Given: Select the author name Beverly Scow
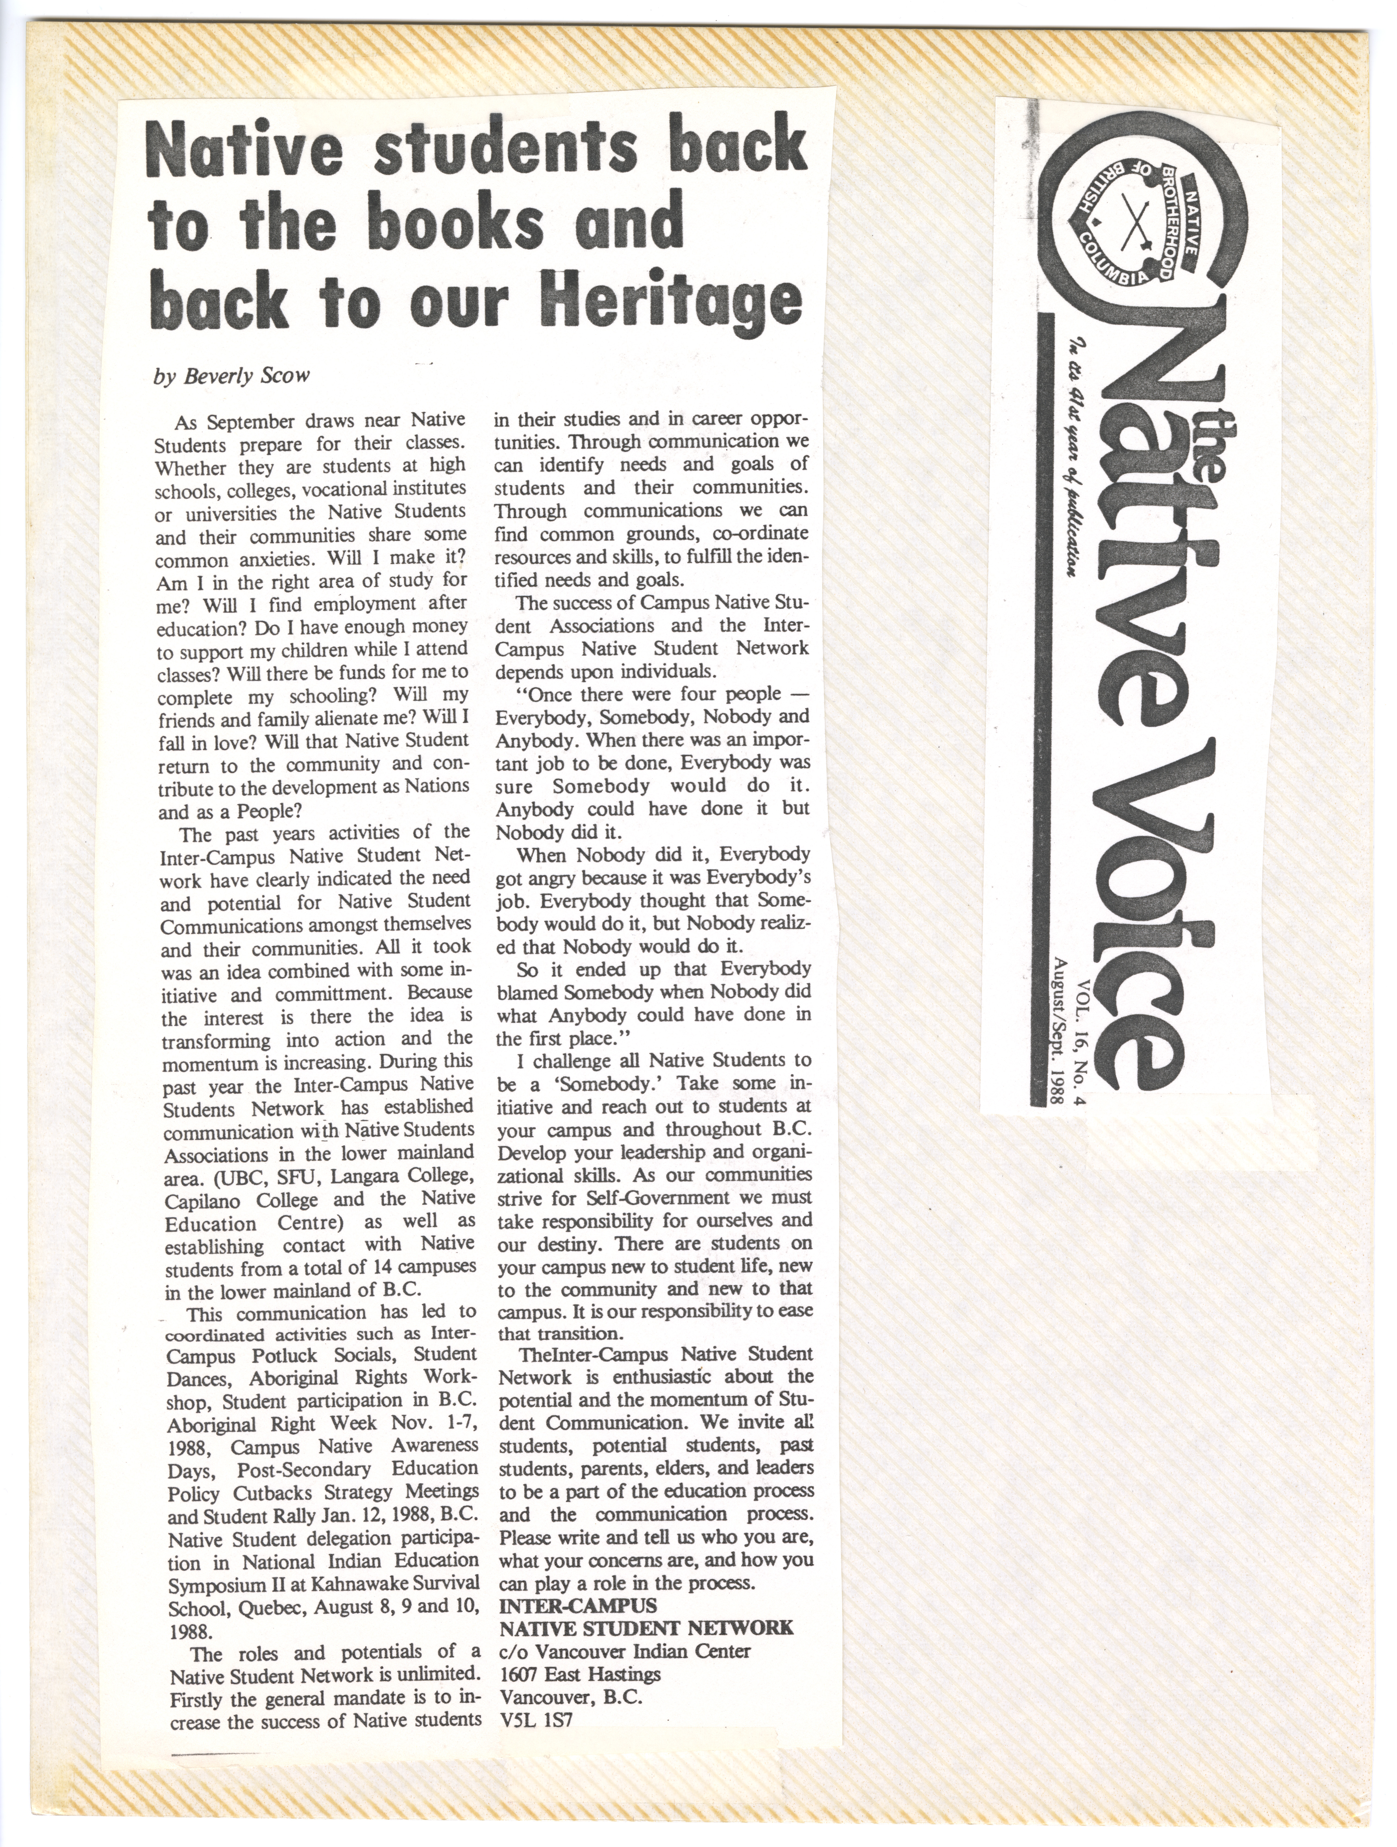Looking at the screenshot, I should (x=231, y=376).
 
